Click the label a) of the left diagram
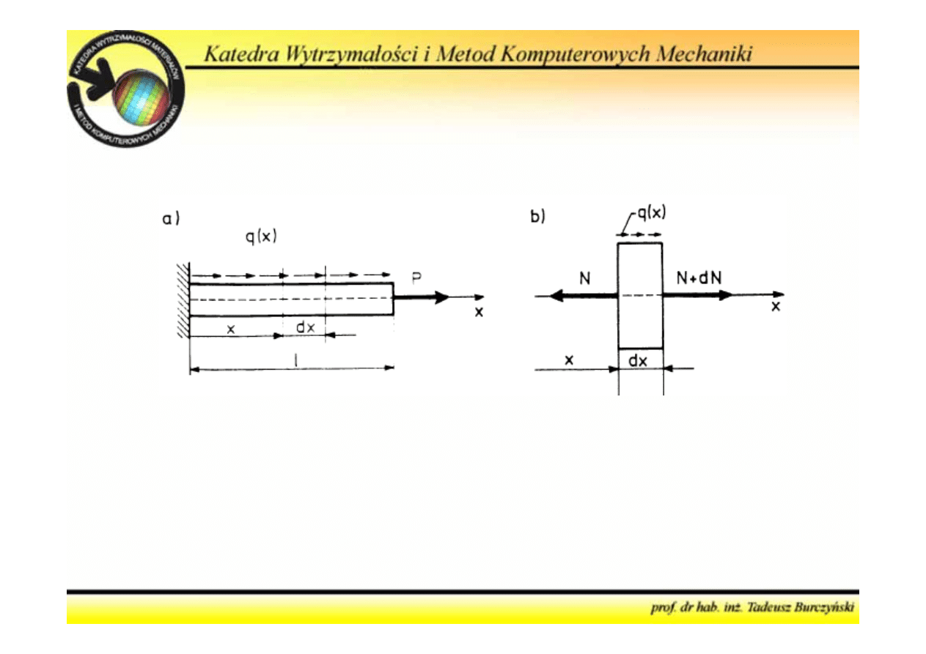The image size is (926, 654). (x=171, y=219)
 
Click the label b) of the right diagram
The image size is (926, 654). (x=538, y=217)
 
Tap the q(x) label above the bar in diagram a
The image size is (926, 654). (x=260, y=238)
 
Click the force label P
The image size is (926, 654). (x=416, y=279)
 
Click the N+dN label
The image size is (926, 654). (x=698, y=279)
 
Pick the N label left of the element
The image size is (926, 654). (x=584, y=279)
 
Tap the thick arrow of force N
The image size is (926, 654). (x=583, y=295)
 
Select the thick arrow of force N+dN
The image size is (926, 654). (x=697, y=295)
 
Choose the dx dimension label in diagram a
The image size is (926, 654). (x=305, y=327)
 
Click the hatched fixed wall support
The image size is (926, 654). (x=183, y=300)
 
